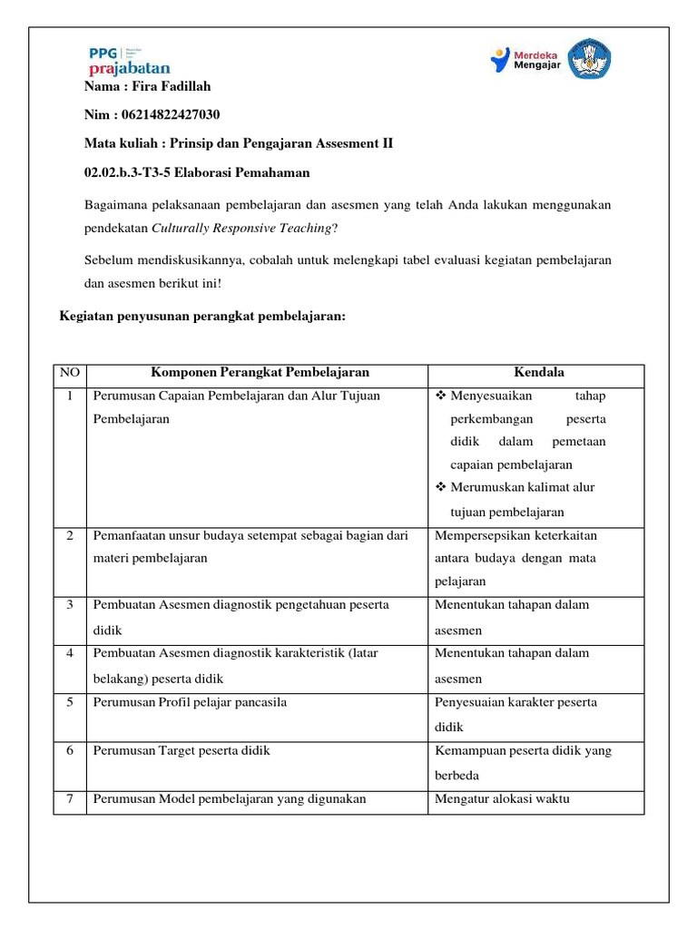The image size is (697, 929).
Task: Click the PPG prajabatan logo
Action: pyautogui.click(x=129, y=61)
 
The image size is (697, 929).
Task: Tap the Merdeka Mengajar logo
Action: pyautogui.click(x=525, y=59)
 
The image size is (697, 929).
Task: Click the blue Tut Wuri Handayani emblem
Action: pyautogui.click(x=589, y=59)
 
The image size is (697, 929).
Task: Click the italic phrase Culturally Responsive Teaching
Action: pyautogui.click(x=241, y=228)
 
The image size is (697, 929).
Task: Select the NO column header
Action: pyautogui.click(x=70, y=373)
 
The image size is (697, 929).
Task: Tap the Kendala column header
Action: pyautogui.click(x=538, y=373)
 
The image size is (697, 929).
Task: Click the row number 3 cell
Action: pyautogui.click(x=70, y=605)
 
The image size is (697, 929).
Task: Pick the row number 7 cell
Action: pyautogui.click(x=70, y=799)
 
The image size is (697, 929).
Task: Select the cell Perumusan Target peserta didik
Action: pyautogui.click(x=182, y=750)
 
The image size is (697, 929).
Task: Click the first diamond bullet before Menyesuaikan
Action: pyautogui.click(x=441, y=396)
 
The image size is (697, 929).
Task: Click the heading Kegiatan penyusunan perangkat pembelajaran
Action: pyautogui.click(x=202, y=315)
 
